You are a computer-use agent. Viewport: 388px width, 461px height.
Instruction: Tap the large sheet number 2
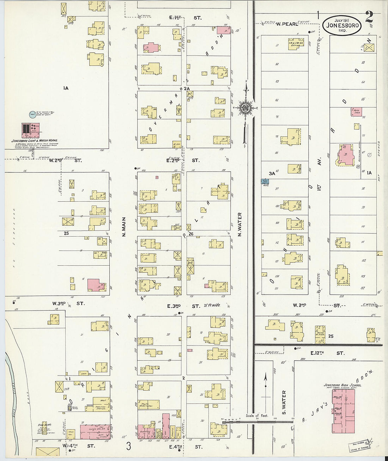coord(369,16)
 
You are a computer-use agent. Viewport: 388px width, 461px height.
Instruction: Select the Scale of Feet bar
coord(257,421)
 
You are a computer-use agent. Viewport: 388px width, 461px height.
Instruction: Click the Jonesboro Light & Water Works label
coord(35,141)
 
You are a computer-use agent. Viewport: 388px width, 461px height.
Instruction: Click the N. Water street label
coord(240,224)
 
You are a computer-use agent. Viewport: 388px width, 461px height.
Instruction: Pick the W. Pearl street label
coord(286,24)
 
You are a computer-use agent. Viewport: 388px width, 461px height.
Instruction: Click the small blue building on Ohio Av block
coord(265,182)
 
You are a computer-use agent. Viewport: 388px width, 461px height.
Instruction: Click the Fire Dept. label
coord(43,425)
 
